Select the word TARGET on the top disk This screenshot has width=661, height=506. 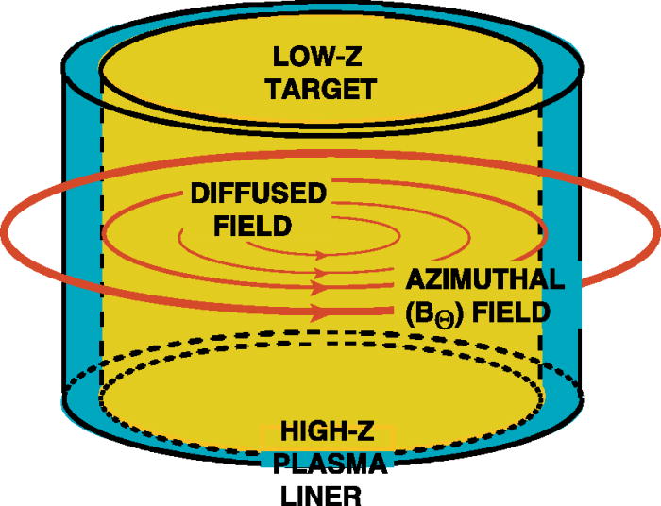tap(320, 91)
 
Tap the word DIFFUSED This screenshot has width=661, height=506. tap(258, 194)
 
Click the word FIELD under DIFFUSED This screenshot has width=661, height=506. tap(240, 227)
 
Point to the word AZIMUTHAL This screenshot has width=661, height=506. tap(485, 279)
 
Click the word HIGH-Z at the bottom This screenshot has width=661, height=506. tap(327, 437)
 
